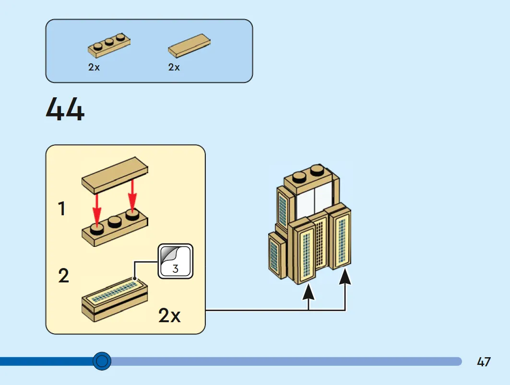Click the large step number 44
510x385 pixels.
(65, 109)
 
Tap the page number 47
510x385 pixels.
(484, 362)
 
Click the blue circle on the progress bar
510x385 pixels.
(102, 361)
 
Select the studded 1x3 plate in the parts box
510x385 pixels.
(109, 45)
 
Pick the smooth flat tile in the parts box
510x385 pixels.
(189, 46)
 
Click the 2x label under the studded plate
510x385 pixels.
(94, 67)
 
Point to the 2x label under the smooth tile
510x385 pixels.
(174, 67)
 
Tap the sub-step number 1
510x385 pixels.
(61, 209)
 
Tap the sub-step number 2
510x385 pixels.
(63, 275)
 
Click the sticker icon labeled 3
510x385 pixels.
(176, 261)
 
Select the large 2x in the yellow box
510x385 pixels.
(169, 315)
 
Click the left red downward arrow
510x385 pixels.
(96, 209)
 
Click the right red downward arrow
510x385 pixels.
(132, 195)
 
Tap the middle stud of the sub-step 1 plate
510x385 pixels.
(114, 222)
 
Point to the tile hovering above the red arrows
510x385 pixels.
(115, 175)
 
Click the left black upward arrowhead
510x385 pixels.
(308, 292)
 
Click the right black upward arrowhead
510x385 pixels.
(345, 277)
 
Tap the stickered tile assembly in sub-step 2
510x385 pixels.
(115, 299)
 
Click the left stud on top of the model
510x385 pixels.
(299, 177)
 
